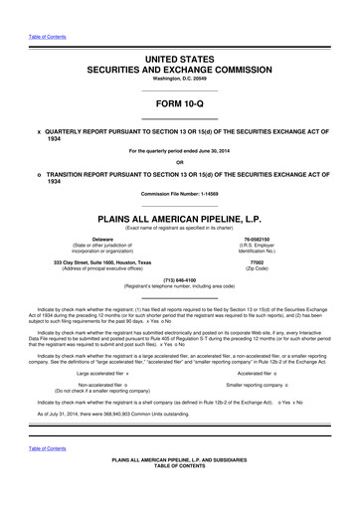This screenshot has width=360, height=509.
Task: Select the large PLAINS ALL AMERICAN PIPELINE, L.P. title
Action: (x=179, y=216)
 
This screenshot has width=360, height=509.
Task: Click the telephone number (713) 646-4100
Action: (x=179, y=281)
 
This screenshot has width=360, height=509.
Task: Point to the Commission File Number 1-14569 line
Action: (x=179, y=193)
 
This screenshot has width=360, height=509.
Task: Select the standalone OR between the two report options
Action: (x=179, y=162)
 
